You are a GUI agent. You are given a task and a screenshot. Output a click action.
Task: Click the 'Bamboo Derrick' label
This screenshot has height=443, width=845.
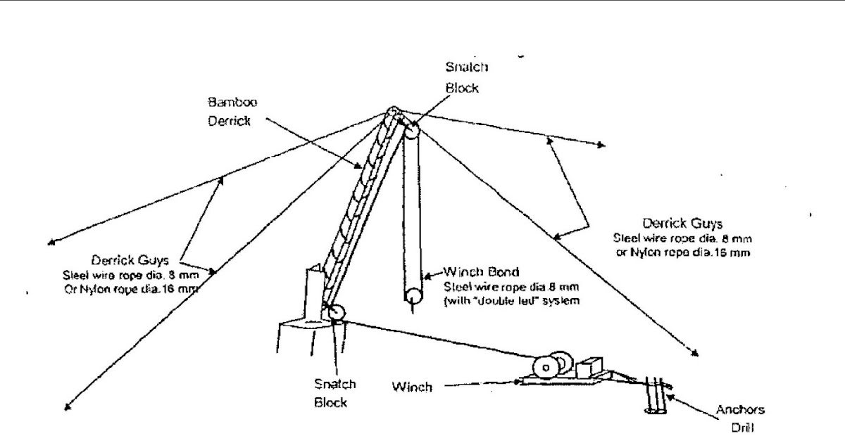(232, 111)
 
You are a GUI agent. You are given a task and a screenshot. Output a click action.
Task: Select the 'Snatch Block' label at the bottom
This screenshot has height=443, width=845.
(335, 394)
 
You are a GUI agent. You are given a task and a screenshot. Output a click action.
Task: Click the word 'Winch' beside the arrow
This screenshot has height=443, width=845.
(412, 387)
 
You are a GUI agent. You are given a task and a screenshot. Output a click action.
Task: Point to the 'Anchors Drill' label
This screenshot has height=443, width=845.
(739, 418)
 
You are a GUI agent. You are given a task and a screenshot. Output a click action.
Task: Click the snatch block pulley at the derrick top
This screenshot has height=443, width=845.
(411, 131)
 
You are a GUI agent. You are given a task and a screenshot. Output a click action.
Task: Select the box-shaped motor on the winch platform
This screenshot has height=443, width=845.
(587, 368)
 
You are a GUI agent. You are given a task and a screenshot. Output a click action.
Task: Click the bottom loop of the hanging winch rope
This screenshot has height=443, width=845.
(411, 295)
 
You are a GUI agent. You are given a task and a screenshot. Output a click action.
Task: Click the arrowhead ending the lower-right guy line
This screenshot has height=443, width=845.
(698, 354)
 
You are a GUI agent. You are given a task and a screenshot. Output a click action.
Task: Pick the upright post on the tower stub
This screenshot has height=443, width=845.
(313, 292)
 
